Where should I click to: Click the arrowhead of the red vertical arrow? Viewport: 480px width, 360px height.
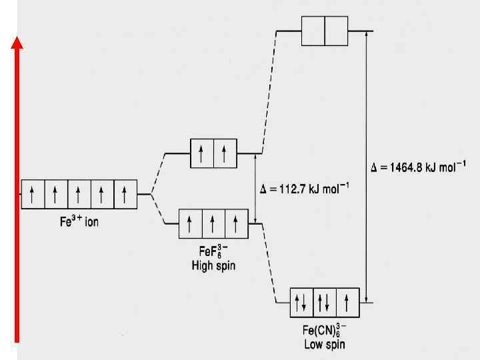pyautogui.click(x=18, y=43)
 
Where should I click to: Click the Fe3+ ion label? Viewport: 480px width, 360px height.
pyautogui.click(x=79, y=221)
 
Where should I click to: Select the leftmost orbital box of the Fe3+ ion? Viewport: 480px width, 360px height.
pyautogui.click(x=33, y=194)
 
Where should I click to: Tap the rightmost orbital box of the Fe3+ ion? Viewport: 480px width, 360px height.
pyautogui.click(x=125, y=194)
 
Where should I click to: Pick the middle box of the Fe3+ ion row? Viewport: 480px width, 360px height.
pyautogui.click(x=79, y=194)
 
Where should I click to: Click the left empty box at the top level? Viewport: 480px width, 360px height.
pyautogui.click(x=313, y=31)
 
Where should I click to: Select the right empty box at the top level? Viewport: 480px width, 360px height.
pyautogui.click(x=337, y=31)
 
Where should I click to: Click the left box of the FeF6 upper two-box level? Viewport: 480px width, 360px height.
pyautogui.click(x=202, y=153)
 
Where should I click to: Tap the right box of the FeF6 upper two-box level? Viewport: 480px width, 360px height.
pyautogui.click(x=225, y=153)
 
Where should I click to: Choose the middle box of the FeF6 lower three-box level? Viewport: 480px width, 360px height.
pyautogui.click(x=213, y=224)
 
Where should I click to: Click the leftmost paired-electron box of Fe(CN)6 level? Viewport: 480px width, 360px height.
pyautogui.click(x=301, y=303)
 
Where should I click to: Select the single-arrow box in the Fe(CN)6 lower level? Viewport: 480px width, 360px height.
pyautogui.click(x=347, y=303)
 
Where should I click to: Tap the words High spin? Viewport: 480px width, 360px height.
pyautogui.click(x=213, y=266)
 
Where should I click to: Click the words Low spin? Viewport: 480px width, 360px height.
pyautogui.click(x=325, y=345)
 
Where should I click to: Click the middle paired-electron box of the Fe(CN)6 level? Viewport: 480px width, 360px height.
pyautogui.click(x=325, y=303)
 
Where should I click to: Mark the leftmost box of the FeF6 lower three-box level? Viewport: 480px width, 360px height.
pyautogui.click(x=191, y=224)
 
